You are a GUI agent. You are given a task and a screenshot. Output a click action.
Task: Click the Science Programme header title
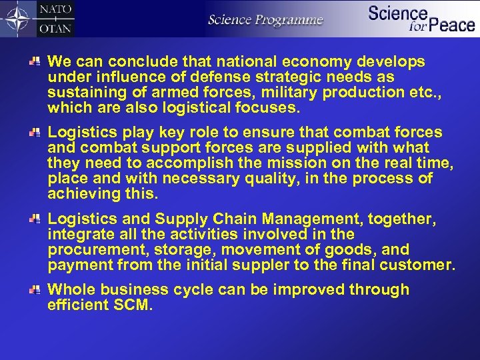click(265, 19)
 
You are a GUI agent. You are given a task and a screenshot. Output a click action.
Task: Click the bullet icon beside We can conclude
click(37, 61)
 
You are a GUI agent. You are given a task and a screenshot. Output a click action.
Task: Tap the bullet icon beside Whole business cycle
click(37, 290)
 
